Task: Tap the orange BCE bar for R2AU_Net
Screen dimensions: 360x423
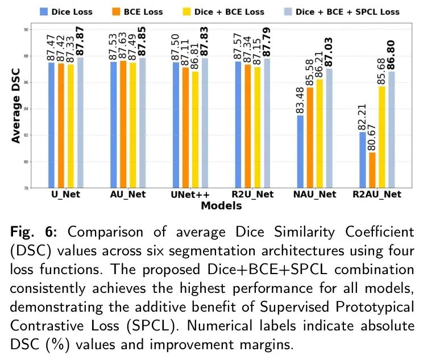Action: point(372,169)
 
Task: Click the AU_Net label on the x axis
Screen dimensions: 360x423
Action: point(127,195)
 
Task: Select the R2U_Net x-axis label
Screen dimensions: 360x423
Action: point(254,195)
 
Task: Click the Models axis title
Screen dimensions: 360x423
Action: point(221,206)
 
